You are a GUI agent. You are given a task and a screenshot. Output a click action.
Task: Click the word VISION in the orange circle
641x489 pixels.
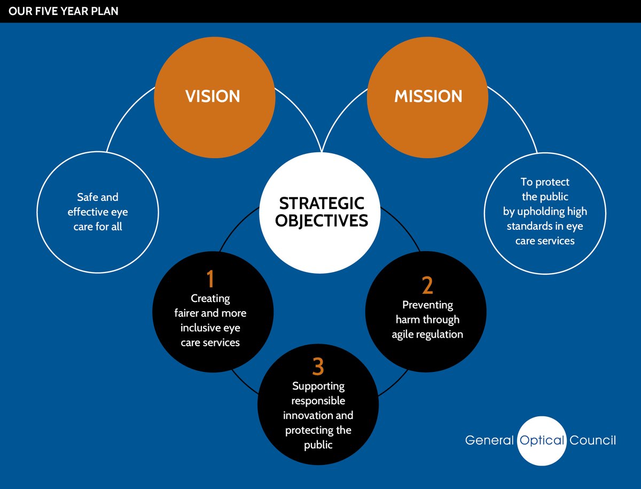coord(213,96)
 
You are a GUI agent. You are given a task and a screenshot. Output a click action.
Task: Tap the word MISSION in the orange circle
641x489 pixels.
coord(428,96)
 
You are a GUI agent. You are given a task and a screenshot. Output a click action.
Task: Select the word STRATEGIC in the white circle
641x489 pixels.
coord(322,204)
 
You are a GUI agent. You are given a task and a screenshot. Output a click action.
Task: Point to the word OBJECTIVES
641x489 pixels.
coord(322,220)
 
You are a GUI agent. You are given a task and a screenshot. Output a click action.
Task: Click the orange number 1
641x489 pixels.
coord(210,279)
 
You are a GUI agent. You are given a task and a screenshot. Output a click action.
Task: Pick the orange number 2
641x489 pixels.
coord(427,286)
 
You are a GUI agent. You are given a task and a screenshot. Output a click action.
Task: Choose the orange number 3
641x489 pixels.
coord(318,367)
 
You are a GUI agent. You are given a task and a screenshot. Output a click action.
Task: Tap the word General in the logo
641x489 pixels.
coord(489,440)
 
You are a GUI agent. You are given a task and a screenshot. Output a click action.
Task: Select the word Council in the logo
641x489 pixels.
coord(593,440)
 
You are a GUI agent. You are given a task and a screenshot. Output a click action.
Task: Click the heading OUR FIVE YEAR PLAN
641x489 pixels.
coord(63,11)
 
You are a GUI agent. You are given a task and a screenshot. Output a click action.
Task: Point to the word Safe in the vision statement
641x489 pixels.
coord(88,198)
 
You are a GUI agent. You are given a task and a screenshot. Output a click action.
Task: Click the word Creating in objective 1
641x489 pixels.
coord(210,298)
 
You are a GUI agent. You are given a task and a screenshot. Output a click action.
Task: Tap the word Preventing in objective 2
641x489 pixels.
coord(427,305)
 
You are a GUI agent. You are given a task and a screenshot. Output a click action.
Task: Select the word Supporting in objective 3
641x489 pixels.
coord(318,386)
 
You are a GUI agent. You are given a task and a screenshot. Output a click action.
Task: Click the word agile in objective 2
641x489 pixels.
coord(404,335)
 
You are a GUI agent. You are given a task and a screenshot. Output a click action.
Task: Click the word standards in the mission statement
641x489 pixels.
coord(529,226)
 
